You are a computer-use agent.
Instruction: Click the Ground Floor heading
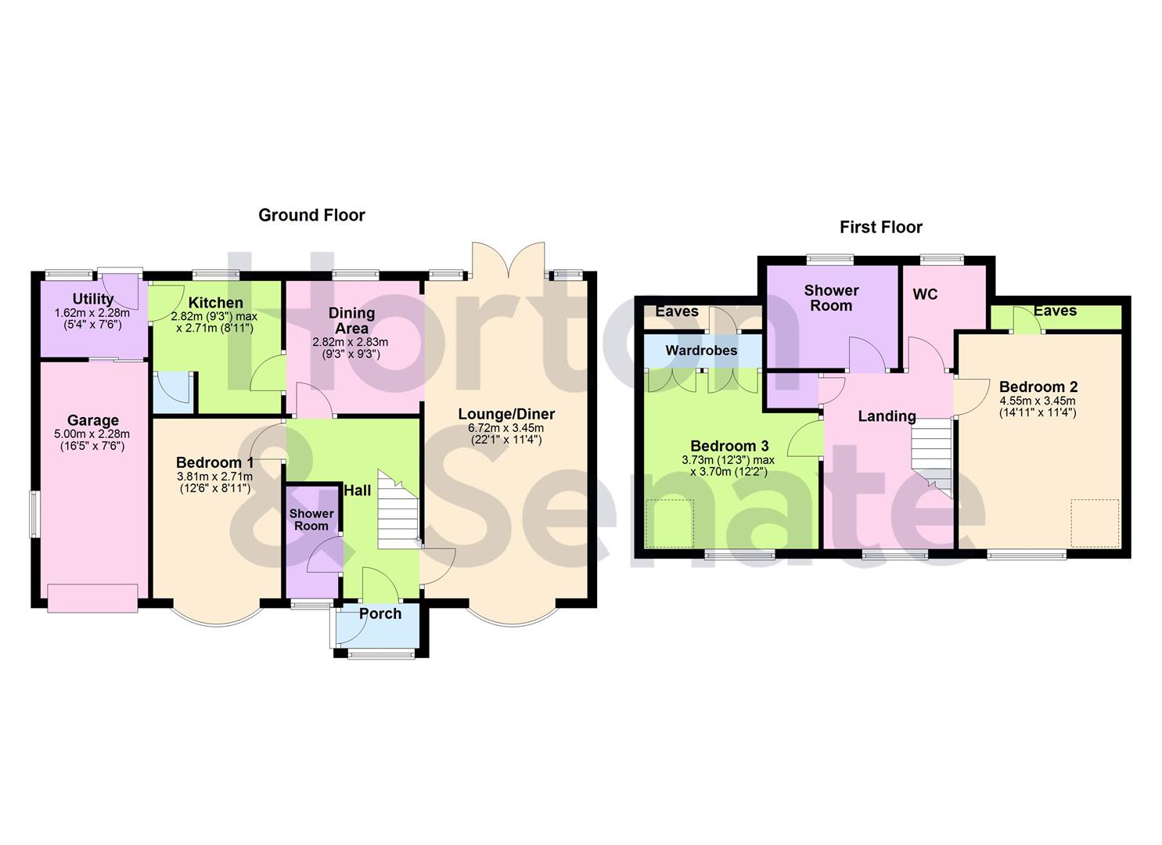click(x=311, y=215)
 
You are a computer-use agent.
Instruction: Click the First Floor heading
click(x=880, y=228)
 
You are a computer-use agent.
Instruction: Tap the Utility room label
click(x=93, y=299)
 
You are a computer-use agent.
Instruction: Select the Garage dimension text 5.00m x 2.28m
click(x=92, y=434)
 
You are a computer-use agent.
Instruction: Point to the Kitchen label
click(x=216, y=303)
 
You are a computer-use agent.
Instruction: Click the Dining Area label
click(x=351, y=321)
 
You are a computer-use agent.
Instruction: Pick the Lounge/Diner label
click(x=506, y=415)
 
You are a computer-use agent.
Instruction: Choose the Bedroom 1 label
click(x=214, y=462)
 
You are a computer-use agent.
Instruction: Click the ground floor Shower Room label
click(x=311, y=520)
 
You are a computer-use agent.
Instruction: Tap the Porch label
click(x=380, y=614)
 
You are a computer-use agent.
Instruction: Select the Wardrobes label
click(x=701, y=351)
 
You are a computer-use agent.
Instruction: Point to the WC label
click(x=925, y=295)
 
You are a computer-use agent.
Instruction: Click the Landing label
click(x=887, y=416)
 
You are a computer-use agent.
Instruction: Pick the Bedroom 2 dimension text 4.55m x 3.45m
click(x=1038, y=401)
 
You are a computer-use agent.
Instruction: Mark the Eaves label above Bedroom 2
click(x=1055, y=311)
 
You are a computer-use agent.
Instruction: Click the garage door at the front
click(x=92, y=598)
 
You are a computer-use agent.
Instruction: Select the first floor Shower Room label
click(x=831, y=298)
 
